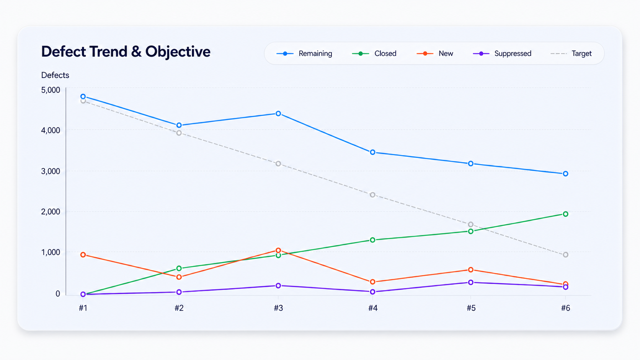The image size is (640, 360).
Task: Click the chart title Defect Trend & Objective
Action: [126, 52]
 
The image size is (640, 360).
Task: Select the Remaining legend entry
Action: [304, 54]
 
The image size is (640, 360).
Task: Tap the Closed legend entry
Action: [374, 54]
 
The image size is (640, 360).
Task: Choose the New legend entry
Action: [435, 54]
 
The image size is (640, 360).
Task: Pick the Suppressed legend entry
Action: [502, 54]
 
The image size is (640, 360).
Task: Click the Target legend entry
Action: [571, 54]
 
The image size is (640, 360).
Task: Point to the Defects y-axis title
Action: [55, 75]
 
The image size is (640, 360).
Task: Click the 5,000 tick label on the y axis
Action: [51, 90]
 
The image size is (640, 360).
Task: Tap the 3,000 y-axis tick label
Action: [51, 171]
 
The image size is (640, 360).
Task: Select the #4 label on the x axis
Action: [373, 308]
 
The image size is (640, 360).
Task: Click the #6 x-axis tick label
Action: [565, 308]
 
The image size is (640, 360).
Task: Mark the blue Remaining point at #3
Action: [278, 114]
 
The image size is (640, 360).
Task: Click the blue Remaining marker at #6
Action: [565, 174]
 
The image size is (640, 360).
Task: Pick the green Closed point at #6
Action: [565, 214]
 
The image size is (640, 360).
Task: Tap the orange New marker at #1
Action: [83, 255]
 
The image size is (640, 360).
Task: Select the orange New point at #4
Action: [372, 282]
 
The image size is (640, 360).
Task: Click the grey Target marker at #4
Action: [372, 195]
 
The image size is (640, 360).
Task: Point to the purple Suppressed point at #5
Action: [471, 282]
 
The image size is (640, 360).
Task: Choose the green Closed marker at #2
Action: [179, 268]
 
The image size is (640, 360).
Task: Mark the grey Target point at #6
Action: [565, 255]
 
